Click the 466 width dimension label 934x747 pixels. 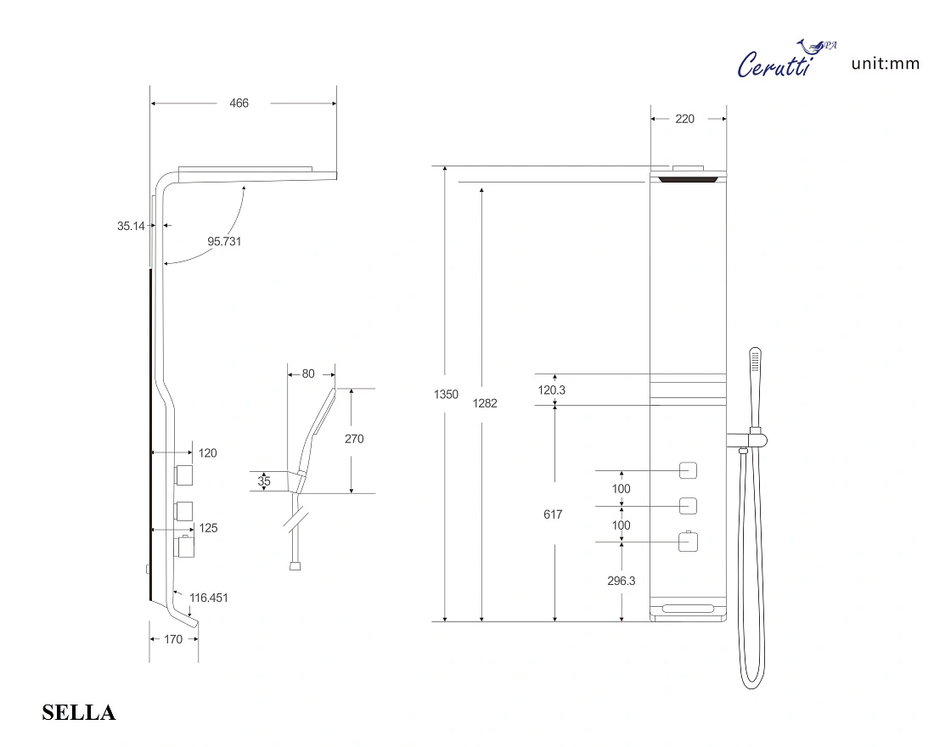(x=239, y=104)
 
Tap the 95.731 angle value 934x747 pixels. (x=225, y=241)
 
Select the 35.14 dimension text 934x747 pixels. (x=131, y=226)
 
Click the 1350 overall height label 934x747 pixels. (x=446, y=395)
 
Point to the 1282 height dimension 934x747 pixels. (x=485, y=403)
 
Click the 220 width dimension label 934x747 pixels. (x=684, y=119)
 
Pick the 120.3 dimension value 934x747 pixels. (x=552, y=390)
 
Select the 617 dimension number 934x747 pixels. (x=553, y=514)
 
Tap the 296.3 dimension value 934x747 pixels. (x=622, y=581)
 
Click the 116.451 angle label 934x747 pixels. (x=209, y=598)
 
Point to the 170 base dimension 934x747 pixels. (x=172, y=640)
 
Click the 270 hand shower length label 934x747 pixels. (x=354, y=439)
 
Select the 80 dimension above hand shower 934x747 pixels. (x=307, y=373)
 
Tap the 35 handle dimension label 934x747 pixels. (x=264, y=481)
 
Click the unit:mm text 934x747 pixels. (x=885, y=64)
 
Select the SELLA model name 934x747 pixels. (x=79, y=712)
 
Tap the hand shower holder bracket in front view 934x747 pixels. (x=751, y=439)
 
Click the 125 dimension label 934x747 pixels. (x=208, y=528)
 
